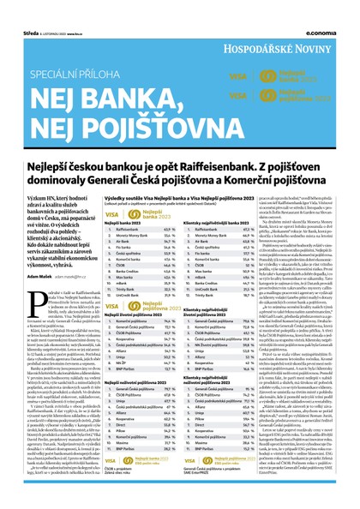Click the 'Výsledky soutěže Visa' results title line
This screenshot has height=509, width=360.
[x=163, y=196]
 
